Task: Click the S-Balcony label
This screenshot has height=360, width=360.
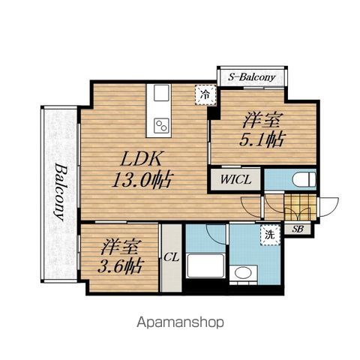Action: click(251, 77)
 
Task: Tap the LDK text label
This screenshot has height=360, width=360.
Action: click(140, 158)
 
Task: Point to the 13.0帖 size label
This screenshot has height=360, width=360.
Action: click(142, 179)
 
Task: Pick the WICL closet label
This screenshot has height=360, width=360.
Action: click(235, 179)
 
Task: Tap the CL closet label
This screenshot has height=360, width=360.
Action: click(172, 256)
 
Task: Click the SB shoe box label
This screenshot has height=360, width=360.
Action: click(298, 229)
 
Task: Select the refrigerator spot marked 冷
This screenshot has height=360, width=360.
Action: click(205, 94)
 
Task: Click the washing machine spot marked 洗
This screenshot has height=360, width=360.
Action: click(270, 235)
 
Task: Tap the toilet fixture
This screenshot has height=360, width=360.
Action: click(304, 179)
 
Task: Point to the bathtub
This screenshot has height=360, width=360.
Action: click(205, 265)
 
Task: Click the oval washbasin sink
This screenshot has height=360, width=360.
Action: click(243, 273)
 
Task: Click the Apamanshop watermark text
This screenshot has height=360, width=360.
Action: click(180, 322)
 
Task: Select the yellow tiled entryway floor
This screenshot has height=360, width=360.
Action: click(300, 207)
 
